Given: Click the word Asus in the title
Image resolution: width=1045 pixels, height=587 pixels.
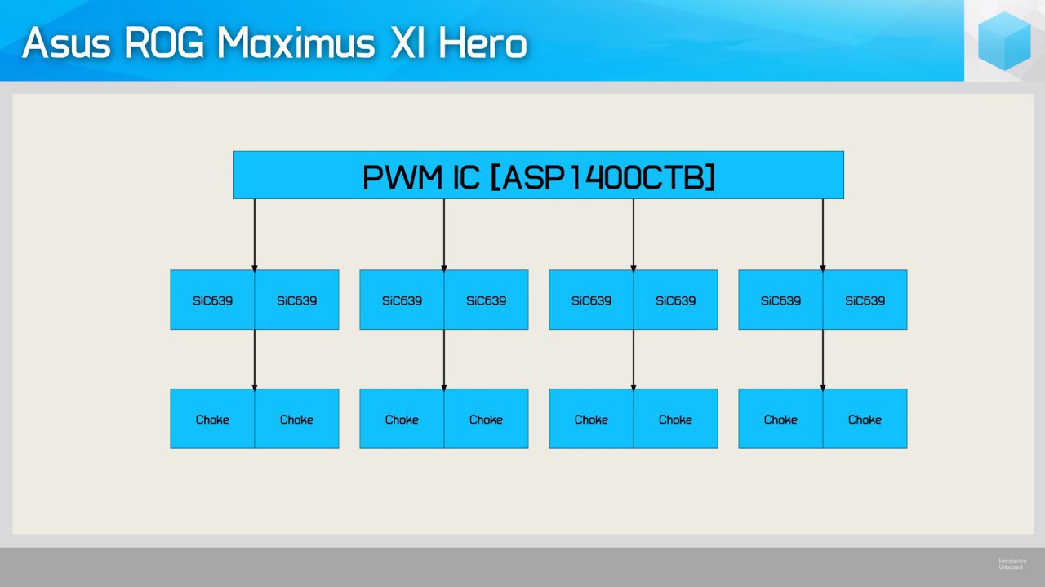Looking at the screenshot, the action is click(x=66, y=43).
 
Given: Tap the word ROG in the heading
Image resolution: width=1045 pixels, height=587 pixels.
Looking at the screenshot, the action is click(x=165, y=43).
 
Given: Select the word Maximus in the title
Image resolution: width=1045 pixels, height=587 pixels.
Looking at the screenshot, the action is click(x=296, y=43).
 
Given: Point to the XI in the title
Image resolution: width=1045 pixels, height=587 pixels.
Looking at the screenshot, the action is click(x=407, y=43).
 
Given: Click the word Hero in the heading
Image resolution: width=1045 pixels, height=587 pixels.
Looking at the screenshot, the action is click(x=482, y=43).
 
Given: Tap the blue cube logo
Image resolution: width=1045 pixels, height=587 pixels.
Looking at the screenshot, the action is click(x=1004, y=41).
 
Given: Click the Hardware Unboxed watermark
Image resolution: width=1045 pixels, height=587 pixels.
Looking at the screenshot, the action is click(x=1012, y=563).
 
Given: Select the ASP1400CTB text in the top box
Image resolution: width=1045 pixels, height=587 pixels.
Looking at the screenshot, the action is click(x=603, y=177).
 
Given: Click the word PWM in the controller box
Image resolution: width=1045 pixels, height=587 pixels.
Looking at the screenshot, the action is click(x=402, y=177).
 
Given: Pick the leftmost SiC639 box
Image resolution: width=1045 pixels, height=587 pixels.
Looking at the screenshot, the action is click(x=212, y=300).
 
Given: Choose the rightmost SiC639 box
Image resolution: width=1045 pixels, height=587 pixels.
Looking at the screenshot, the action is click(x=865, y=300).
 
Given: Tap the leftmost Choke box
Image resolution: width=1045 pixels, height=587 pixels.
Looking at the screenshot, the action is click(x=212, y=419).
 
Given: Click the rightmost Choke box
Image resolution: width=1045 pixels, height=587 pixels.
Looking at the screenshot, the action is click(x=865, y=419).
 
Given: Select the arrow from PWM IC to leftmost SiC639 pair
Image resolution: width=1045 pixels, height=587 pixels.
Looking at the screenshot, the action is click(x=255, y=235).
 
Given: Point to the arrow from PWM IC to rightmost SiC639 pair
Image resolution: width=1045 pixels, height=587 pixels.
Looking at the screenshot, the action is click(x=823, y=235).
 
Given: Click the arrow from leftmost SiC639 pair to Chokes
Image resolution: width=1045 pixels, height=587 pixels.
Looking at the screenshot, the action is click(x=255, y=360).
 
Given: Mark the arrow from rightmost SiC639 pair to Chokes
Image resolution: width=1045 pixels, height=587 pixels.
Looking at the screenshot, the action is click(x=823, y=360).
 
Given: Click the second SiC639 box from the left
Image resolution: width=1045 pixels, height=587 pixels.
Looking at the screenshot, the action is click(x=296, y=300).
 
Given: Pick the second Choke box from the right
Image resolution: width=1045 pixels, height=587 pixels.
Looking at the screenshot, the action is click(x=780, y=419).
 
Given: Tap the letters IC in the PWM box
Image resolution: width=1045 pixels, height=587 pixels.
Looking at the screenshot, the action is click(x=466, y=177).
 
